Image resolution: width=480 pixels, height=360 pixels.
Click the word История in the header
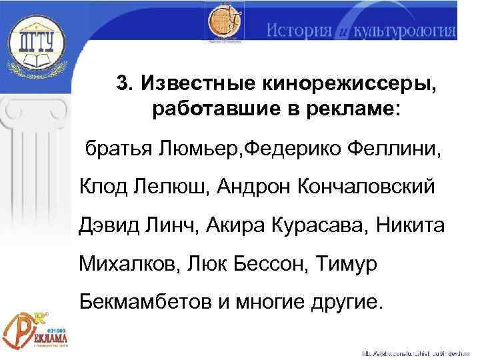tap(299, 31)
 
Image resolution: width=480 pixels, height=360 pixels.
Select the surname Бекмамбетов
tap(144, 303)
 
